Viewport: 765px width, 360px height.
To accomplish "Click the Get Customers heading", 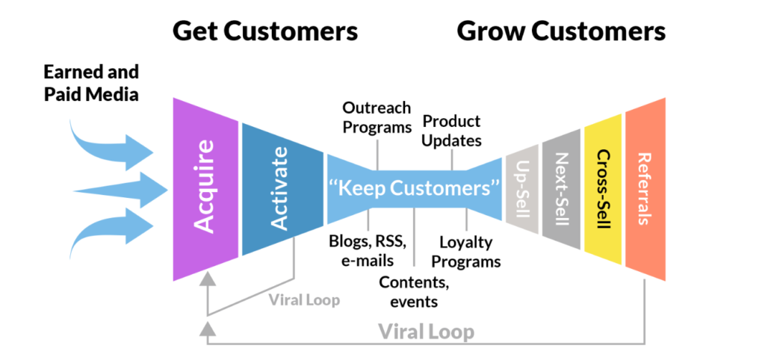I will tap(265, 31).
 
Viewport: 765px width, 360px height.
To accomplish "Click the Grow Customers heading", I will tap(560, 31).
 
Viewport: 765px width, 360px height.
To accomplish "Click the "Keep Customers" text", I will tap(414, 187).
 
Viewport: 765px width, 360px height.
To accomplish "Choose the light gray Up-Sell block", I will tap(521, 189).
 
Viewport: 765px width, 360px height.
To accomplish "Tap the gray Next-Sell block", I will tap(562, 189).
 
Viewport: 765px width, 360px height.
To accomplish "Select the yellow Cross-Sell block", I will tap(603, 189).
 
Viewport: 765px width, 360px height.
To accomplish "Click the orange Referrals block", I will tap(645, 189).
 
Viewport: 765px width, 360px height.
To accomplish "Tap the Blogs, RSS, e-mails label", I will tap(368, 250).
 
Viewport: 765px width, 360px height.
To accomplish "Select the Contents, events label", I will tap(414, 291).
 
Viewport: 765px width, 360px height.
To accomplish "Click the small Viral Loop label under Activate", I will tap(304, 300).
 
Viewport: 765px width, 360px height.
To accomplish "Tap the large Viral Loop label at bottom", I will tap(425, 330).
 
